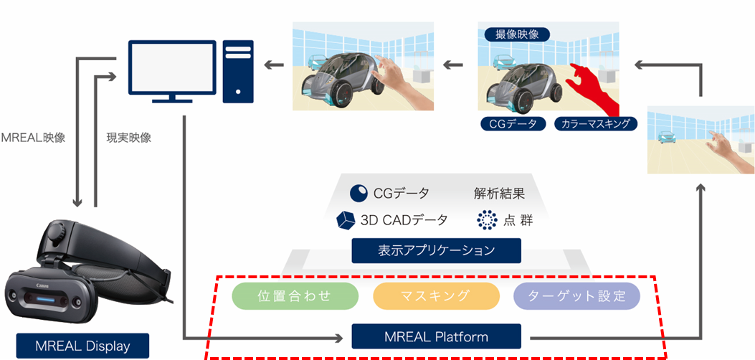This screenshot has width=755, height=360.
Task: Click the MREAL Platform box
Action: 436,336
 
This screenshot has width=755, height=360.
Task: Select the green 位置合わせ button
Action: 295,295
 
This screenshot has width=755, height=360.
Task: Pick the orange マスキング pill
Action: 436,295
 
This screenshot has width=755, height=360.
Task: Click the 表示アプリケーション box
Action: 436,251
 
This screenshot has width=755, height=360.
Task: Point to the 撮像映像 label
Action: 517,34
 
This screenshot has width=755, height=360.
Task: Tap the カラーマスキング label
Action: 596,124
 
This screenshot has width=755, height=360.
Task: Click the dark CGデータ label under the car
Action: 513,124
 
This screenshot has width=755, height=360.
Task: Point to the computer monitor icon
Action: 171,70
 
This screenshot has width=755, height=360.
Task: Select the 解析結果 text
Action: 499,193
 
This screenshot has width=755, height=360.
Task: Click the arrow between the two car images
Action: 452,66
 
